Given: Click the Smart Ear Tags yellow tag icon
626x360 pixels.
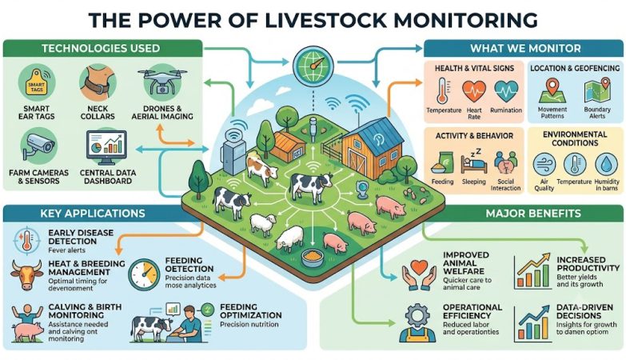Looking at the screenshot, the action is (x=36, y=83).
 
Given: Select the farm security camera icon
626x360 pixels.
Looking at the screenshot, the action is (x=38, y=146).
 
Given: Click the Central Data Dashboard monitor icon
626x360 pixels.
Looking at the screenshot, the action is (x=106, y=147).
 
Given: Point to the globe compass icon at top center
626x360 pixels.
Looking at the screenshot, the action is (x=313, y=65).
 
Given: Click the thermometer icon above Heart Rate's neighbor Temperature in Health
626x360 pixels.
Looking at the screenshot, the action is (x=443, y=91).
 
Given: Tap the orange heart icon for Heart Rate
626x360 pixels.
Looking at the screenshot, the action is (x=474, y=91).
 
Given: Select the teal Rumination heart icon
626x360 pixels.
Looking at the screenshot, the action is (x=506, y=91).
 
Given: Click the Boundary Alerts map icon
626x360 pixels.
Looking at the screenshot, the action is (x=597, y=90).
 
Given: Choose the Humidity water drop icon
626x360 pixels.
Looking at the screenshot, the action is (x=606, y=164).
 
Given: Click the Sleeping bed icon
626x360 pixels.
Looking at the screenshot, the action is (x=474, y=161).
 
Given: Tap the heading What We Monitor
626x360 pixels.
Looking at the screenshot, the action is (x=525, y=48).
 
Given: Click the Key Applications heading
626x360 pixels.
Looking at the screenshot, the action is (x=93, y=213).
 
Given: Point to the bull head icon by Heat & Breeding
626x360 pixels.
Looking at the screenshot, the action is (x=26, y=275).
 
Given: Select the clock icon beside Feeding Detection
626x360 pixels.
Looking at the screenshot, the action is (x=144, y=275).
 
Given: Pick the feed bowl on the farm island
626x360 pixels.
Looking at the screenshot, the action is (x=313, y=258).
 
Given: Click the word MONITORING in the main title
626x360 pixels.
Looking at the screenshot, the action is (x=466, y=19).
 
